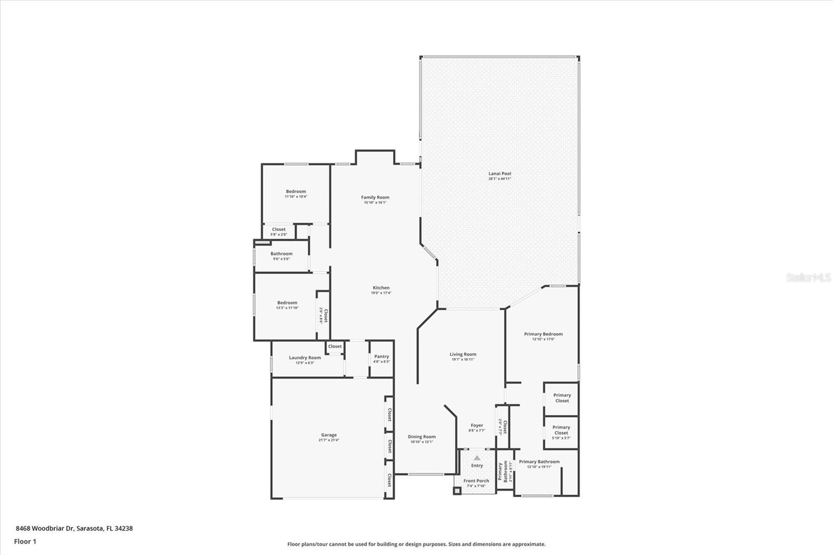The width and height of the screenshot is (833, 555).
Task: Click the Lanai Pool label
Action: click(x=499, y=174)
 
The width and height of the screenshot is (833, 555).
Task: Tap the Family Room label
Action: click(x=375, y=197)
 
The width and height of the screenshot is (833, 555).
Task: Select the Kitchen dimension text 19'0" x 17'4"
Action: click(x=381, y=293)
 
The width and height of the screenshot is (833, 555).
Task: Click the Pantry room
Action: click(x=381, y=359)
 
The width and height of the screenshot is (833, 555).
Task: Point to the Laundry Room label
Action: click(x=305, y=358)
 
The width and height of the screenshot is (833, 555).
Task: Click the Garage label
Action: click(x=329, y=435)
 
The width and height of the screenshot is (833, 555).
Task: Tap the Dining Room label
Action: click(x=422, y=437)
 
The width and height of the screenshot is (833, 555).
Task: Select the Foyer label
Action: click(x=476, y=425)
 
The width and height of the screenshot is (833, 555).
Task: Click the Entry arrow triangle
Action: click(x=477, y=458)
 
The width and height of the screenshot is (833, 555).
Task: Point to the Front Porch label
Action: click(x=476, y=481)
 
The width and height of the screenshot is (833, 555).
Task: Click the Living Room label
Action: click(x=463, y=354)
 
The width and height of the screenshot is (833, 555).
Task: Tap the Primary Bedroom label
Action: click(x=543, y=334)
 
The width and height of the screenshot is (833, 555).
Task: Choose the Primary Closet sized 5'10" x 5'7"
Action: click(x=561, y=430)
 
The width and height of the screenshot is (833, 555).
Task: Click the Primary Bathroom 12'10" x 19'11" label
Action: click(x=539, y=462)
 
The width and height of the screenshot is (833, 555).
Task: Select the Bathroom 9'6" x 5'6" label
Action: click(x=281, y=254)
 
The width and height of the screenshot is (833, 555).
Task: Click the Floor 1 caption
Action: click(x=25, y=541)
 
